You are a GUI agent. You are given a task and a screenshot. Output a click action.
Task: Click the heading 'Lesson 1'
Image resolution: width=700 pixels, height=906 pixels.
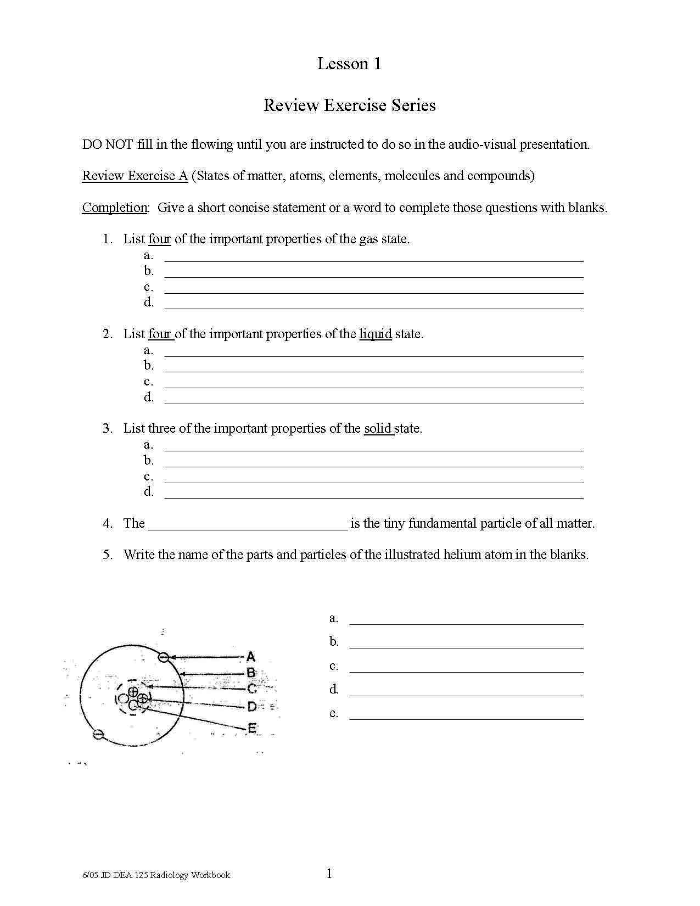349,64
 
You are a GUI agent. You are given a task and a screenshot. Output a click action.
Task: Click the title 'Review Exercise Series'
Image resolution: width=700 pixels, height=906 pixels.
349,105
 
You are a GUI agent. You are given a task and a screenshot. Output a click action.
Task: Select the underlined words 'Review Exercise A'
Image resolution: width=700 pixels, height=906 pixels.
135,176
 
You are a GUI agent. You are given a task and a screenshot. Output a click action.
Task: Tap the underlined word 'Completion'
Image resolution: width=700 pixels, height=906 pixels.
114,208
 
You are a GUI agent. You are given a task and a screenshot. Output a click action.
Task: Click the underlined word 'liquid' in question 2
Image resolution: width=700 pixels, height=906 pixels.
376,334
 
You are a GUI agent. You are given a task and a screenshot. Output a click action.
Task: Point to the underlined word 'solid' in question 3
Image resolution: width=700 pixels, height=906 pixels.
378,428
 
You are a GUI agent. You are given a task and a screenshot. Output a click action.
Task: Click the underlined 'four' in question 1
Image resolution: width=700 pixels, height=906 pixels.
159,239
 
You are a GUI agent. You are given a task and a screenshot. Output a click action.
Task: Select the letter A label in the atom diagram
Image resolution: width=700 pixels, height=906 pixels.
251,657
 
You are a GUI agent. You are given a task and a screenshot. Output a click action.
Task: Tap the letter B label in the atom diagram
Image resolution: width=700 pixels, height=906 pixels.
251,673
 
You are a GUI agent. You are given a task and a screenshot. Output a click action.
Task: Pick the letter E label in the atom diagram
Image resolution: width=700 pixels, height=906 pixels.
252,729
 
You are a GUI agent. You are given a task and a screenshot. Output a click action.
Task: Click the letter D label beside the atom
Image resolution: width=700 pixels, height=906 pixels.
251,707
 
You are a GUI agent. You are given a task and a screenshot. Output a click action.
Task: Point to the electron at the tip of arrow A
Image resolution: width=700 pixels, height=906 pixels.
163,657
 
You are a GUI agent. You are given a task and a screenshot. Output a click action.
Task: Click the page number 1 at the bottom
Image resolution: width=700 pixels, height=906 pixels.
329,874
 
